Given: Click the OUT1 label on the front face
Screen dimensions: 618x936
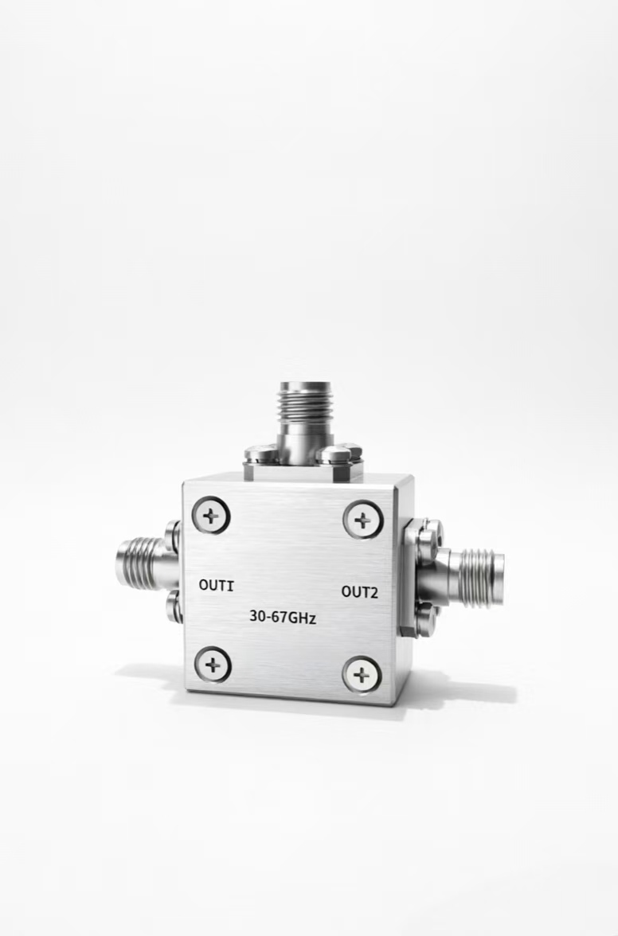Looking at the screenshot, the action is (216, 585).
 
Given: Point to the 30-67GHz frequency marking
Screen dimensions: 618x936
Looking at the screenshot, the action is (283, 618).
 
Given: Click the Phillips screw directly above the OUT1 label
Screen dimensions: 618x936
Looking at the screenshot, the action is (211, 516).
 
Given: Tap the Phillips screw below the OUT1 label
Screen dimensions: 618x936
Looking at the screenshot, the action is (213, 664).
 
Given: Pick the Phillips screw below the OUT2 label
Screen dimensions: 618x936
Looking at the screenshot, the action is (362, 675).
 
